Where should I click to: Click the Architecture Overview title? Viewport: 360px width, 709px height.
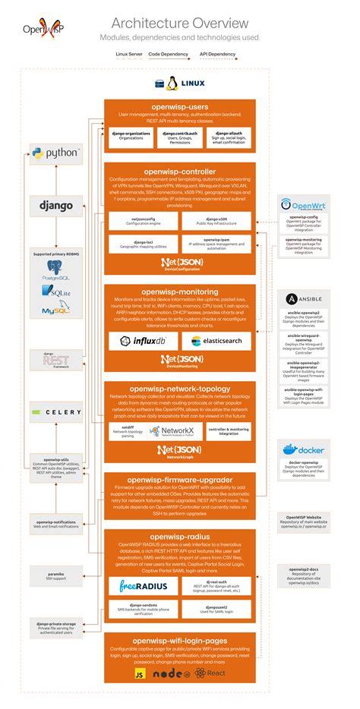[x=179, y=23]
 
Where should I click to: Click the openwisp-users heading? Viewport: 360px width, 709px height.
[x=179, y=106]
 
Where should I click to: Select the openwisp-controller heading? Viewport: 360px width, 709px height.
[x=179, y=172]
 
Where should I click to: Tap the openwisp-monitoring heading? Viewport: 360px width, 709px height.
[x=179, y=291]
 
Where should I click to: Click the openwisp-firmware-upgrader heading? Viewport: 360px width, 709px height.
[x=179, y=481]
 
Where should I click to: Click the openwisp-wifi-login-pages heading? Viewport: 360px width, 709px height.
[x=179, y=641]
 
